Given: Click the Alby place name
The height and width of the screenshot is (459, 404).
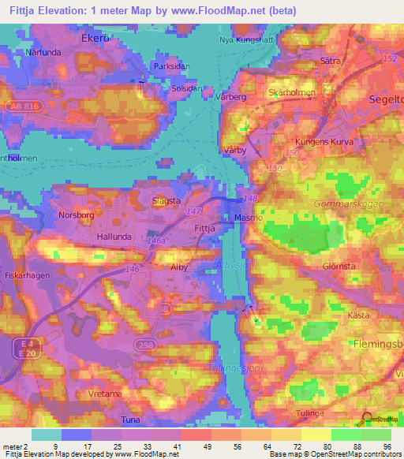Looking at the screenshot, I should [179, 267].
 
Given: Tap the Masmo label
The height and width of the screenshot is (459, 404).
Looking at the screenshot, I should [248, 217].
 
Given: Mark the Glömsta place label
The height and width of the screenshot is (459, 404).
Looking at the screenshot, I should [339, 267].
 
